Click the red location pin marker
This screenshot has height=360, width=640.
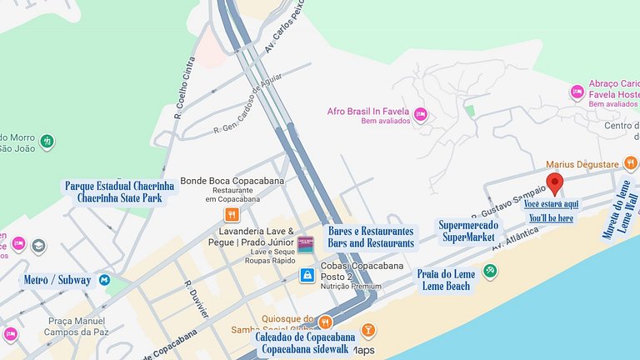pyautogui.click(x=554, y=183)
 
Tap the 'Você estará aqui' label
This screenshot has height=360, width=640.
pyautogui.click(x=551, y=204)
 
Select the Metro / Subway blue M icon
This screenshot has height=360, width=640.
pyautogui.click(x=104, y=280)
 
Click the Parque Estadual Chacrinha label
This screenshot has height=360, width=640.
pyautogui.click(x=119, y=186)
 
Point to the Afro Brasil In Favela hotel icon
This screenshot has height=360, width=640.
pyautogui.click(x=421, y=113)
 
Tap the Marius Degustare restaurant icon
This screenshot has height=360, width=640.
pyautogui.click(x=632, y=163)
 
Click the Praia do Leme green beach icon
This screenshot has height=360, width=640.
pyautogui.click(x=491, y=270)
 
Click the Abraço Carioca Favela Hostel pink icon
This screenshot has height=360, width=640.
pyautogui.click(x=577, y=91)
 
